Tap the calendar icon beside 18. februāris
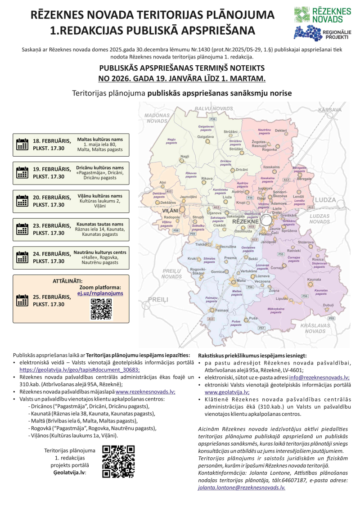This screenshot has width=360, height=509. [x=22, y=144]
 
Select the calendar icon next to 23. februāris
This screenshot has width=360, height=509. [x=22, y=229]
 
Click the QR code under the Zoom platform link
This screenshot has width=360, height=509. [x=101, y=309]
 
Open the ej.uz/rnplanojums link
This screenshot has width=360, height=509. [x=100, y=293]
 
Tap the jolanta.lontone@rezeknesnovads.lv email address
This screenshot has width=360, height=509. [x=242, y=487]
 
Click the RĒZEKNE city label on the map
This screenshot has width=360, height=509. [x=245, y=221]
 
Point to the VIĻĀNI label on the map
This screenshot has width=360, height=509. [x=171, y=210]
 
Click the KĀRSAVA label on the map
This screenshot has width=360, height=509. [x=330, y=110]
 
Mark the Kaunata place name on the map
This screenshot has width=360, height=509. [x=314, y=279]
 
